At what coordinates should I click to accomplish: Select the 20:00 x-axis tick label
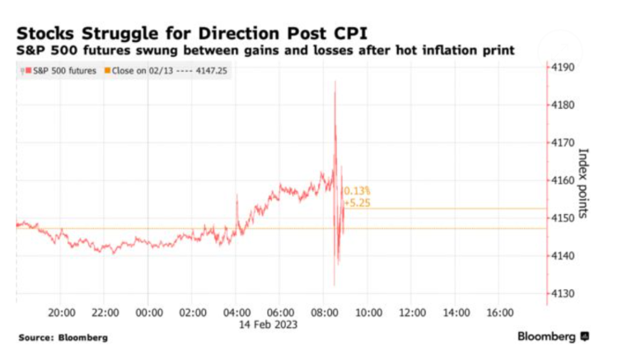(x=63, y=313)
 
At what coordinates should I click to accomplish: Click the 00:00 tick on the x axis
(x=149, y=313)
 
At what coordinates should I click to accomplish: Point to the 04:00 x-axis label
(x=236, y=313)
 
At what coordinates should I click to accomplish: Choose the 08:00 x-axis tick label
(x=324, y=313)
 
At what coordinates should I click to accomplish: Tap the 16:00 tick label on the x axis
(x=499, y=313)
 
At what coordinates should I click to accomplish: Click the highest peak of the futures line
(x=335, y=82)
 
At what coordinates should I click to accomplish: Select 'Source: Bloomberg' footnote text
(x=63, y=338)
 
